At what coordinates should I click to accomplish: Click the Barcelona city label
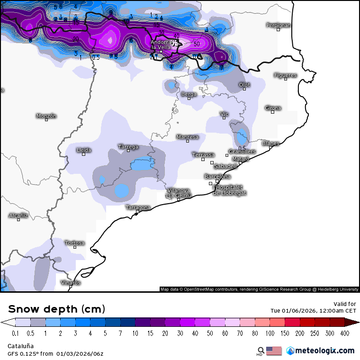pos(218,177)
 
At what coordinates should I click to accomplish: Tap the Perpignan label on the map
pos(279,25)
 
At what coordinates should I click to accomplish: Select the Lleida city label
pos(84,150)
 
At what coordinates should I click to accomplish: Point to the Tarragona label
pos(138,207)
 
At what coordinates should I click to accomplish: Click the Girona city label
pos(273,108)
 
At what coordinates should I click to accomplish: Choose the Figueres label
pos(285,75)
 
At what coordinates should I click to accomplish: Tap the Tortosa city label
pos(75,243)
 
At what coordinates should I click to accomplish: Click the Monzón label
pos(46,116)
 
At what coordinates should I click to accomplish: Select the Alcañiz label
pos(18,216)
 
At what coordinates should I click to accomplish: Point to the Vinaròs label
pos(71,283)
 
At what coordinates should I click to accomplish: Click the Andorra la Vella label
pos(161,45)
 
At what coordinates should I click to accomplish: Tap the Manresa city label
pos(188,137)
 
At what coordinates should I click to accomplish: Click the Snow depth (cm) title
pos(56,309)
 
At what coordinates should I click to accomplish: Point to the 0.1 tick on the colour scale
pos(15,333)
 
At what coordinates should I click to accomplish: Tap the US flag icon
pos(274,351)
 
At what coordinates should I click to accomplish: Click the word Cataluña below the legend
pos(21,346)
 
